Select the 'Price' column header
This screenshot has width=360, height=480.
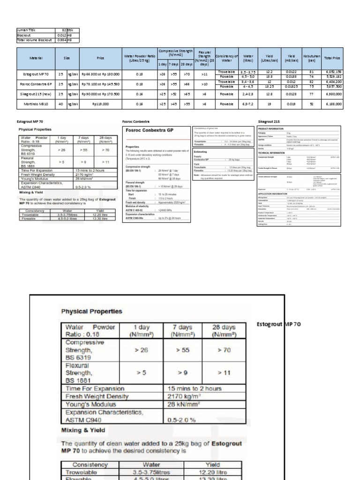[101, 58]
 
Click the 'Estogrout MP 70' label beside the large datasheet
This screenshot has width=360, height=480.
[279, 324]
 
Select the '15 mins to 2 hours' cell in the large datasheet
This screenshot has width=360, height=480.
[190, 388]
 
